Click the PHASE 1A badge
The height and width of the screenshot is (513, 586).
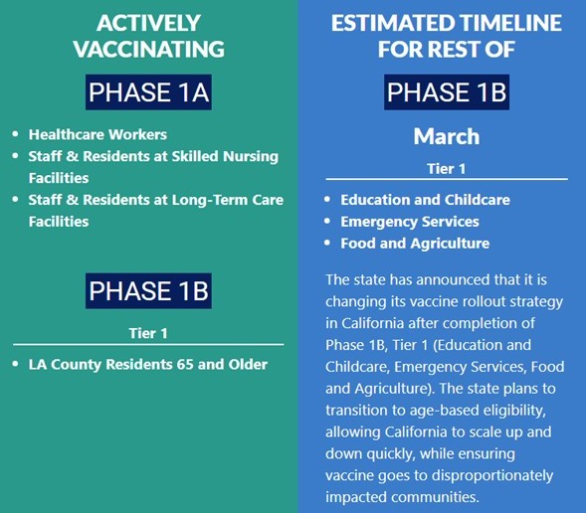148,92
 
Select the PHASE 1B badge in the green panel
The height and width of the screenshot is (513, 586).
148,291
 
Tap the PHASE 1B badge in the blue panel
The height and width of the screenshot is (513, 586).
447,92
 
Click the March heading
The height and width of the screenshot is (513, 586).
447,136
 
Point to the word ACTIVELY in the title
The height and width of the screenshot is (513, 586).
149,23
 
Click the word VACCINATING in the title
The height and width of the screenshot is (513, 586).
149,49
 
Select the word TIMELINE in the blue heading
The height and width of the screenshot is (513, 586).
510,23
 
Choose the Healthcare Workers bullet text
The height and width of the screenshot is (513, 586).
98,134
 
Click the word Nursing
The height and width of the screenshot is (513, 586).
251,157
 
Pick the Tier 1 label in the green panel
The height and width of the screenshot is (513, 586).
148,333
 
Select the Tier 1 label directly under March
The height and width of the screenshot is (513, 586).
447,169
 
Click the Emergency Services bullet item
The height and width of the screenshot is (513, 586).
410,222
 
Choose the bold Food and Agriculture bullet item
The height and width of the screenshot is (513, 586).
415,244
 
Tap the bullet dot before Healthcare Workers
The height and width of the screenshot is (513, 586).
15,134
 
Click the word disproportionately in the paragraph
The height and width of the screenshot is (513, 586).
493,475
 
